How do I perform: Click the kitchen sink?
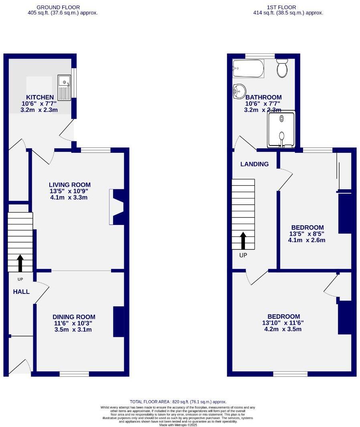point(64,87)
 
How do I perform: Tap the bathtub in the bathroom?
point(248,69)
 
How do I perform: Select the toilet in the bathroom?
point(282,68)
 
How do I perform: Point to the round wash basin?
point(239,91)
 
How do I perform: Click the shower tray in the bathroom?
point(281,129)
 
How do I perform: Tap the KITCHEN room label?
point(40,97)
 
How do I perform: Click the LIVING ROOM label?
point(68,185)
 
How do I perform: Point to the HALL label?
point(21,292)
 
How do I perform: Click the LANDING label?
point(255,164)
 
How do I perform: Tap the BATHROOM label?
point(263,97)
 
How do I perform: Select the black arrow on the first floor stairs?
point(243,240)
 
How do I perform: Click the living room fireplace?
point(117,207)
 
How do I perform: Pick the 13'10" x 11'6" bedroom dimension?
point(281,323)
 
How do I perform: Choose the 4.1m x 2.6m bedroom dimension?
point(306,241)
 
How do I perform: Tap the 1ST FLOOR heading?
point(281,7)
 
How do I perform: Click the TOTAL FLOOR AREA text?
point(178,401)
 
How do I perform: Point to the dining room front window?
point(74,374)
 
